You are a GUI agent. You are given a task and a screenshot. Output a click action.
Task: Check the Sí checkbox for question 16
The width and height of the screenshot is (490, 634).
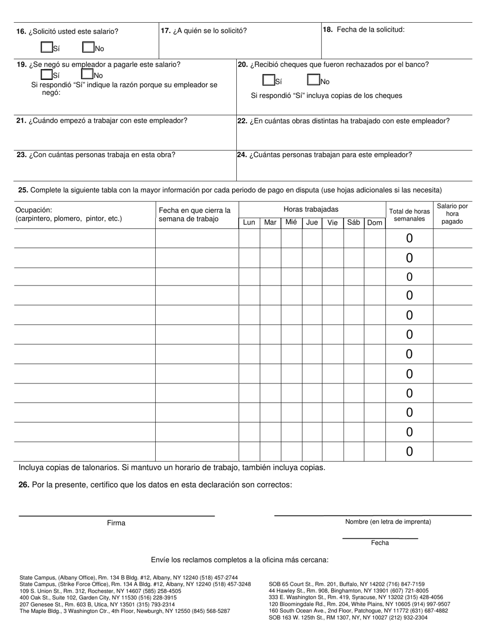[x=46, y=47]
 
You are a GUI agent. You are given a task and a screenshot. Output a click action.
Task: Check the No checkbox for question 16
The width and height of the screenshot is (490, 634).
[x=88, y=47]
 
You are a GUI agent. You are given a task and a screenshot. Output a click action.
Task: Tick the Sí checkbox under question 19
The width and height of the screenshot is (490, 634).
[x=46, y=74]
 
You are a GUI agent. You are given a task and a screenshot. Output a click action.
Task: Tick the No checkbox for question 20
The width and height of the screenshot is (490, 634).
[x=313, y=80]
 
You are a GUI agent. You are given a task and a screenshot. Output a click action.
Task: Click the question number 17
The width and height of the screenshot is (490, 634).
[x=166, y=30]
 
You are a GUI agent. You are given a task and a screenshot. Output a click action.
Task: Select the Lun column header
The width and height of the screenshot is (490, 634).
[x=249, y=223]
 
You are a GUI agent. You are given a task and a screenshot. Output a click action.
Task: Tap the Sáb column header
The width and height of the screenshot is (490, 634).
[x=353, y=223]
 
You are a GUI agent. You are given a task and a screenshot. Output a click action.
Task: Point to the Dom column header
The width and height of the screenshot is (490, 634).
[x=374, y=223]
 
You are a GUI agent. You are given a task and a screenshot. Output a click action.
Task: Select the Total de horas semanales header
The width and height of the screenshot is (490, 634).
[x=409, y=215]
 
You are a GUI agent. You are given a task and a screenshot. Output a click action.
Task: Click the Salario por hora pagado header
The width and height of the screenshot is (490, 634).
[x=452, y=213]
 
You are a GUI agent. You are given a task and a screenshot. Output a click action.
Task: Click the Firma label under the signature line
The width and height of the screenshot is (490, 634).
[x=116, y=523]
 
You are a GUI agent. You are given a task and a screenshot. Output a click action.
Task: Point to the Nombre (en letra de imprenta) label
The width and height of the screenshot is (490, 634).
[x=388, y=522]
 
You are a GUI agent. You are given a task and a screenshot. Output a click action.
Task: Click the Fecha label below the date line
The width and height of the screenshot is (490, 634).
[x=380, y=543]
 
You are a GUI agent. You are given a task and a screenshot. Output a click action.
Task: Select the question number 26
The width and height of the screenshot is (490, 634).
[x=23, y=485]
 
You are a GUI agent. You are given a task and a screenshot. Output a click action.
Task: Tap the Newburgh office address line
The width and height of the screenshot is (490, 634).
[x=125, y=611]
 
